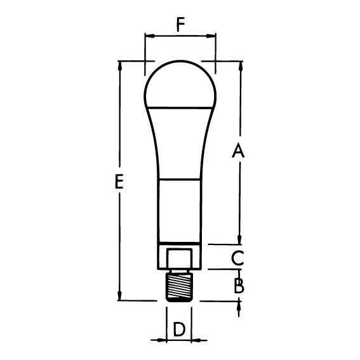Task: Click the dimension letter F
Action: pyautogui.click(x=181, y=25)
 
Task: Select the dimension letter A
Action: pyautogui.click(x=238, y=150)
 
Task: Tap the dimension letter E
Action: pyautogui.click(x=119, y=182)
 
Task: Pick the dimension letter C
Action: pyautogui.click(x=237, y=258)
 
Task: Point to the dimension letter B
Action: pyautogui.click(x=239, y=286)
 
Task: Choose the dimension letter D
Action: pyautogui.click(x=179, y=330)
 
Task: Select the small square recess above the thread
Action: pyautogui.click(x=179, y=259)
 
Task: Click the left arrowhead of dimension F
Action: pyautogui.click(x=150, y=36)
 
